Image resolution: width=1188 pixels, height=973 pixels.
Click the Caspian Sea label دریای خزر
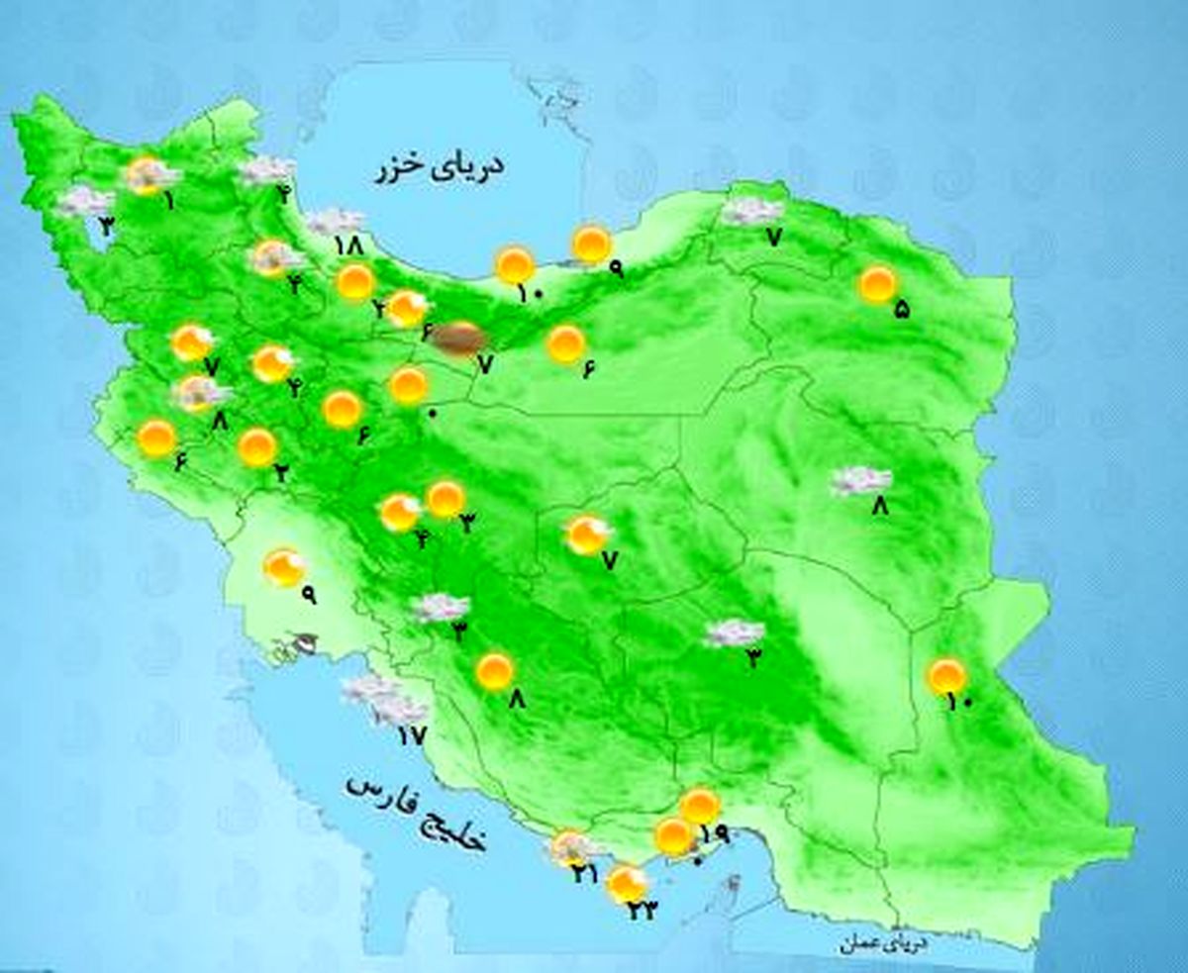click(x=440, y=168)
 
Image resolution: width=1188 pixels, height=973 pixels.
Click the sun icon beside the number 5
click(x=877, y=285)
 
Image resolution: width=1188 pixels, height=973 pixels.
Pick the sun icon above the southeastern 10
click(x=946, y=676)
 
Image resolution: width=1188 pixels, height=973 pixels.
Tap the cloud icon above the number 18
click(x=335, y=221)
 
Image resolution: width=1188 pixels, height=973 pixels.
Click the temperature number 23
click(x=641, y=912)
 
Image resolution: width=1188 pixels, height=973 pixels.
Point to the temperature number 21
click(x=583, y=873)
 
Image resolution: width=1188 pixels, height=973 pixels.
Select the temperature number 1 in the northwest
click(x=169, y=201)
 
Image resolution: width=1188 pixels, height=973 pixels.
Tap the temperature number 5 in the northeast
click(x=901, y=309)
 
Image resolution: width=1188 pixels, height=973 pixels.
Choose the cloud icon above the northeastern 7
click(x=752, y=211)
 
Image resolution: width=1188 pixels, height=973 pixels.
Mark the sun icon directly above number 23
click(x=626, y=882)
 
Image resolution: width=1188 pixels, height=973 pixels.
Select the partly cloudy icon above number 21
click(x=570, y=847)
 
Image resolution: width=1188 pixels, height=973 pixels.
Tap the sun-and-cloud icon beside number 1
click(x=147, y=176)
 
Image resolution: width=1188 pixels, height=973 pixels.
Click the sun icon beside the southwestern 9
click(x=284, y=567)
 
